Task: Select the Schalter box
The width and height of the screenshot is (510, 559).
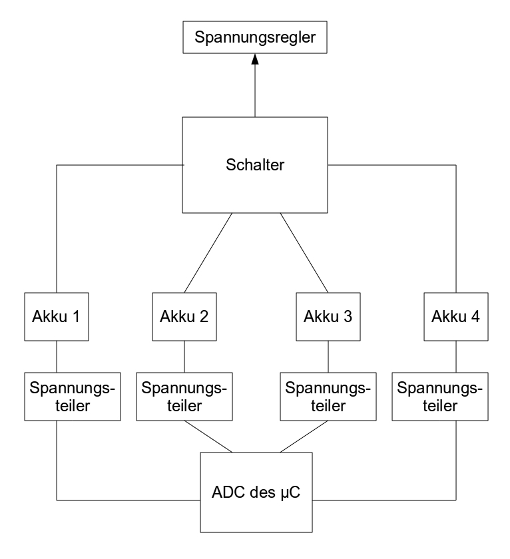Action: click(x=255, y=164)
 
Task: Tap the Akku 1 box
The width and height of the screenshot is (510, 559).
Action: click(x=56, y=317)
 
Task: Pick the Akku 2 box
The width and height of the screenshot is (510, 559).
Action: click(x=184, y=317)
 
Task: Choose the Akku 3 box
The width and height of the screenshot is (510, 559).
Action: click(x=328, y=317)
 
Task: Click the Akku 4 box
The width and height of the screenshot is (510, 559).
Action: click(x=456, y=317)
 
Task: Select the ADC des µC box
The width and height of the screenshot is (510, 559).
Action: click(x=256, y=492)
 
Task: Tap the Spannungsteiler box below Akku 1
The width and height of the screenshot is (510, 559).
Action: click(x=56, y=397)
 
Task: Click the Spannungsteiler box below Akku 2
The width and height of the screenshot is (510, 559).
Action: click(x=184, y=397)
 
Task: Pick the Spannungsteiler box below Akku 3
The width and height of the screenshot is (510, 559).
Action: click(x=328, y=397)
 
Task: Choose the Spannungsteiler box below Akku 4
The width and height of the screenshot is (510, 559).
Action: click(x=456, y=397)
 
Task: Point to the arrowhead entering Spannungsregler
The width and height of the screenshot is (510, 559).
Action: click(x=255, y=61)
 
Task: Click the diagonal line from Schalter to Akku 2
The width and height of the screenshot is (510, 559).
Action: click(x=208, y=253)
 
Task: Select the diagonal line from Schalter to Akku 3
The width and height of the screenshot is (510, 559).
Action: click(x=304, y=253)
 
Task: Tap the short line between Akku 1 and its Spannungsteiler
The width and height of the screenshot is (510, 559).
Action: click(x=56, y=357)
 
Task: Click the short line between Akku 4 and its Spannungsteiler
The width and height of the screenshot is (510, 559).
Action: click(x=456, y=357)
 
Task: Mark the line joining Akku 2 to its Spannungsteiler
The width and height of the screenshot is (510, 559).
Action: click(x=184, y=357)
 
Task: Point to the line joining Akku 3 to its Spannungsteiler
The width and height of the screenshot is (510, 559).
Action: click(x=328, y=357)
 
